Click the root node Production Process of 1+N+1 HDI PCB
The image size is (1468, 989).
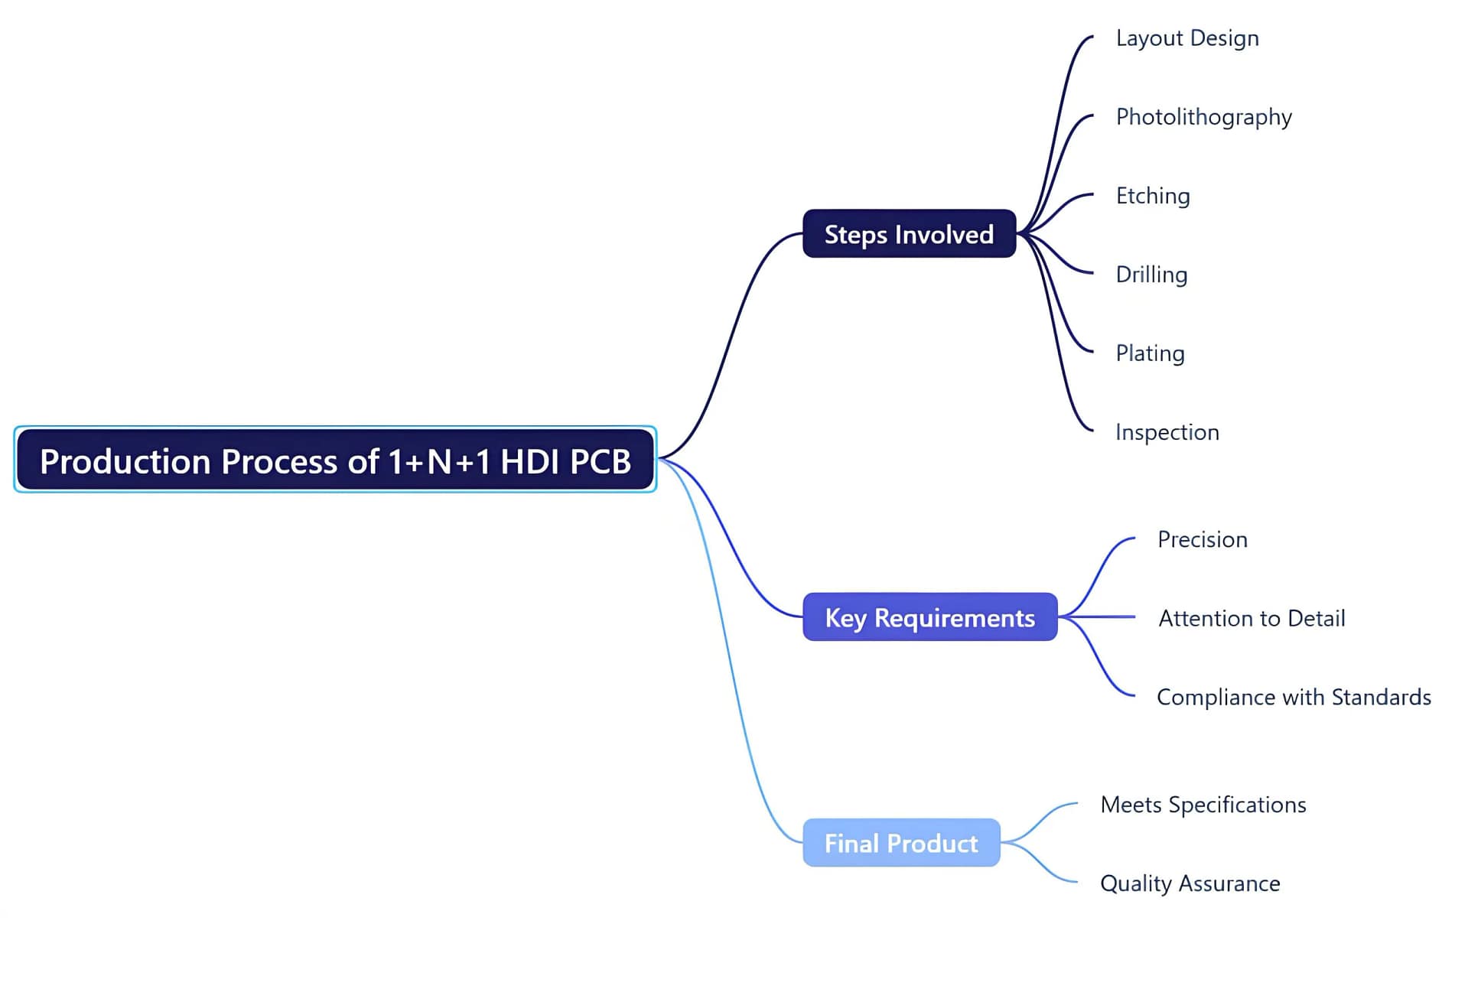tap(335, 460)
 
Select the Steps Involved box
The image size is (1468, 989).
tap(909, 234)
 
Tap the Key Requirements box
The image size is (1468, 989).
tap(929, 617)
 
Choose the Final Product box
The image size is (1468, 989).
tap(901, 843)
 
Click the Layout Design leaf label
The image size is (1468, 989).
tap(1186, 38)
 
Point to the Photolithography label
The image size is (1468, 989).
tap(1203, 117)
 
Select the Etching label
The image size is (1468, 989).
tap(1152, 196)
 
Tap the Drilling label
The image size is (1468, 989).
tap(1151, 275)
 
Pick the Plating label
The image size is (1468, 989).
tap(1150, 353)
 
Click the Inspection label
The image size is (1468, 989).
tap(1167, 432)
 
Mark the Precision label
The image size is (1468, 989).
tap(1202, 540)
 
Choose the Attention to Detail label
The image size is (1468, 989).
tap(1252, 618)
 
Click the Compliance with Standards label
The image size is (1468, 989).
tap(1293, 698)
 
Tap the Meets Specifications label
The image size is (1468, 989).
tap(1203, 805)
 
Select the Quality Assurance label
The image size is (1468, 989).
tap(1190, 883)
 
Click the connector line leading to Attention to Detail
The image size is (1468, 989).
tap(1102, 616)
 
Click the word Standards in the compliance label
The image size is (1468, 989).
tap(1381, 698)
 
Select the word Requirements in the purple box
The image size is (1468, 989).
tap(954, 618)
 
